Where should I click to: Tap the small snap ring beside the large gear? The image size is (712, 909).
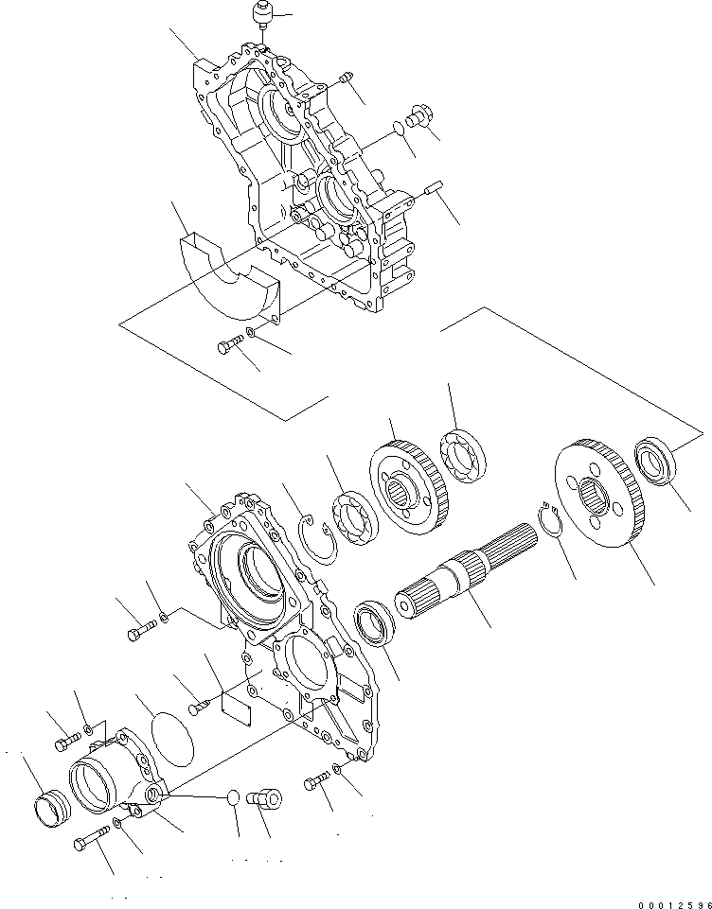click(x=548, y=521)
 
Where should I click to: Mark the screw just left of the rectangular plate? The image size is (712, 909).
click(x=198, y=704)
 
